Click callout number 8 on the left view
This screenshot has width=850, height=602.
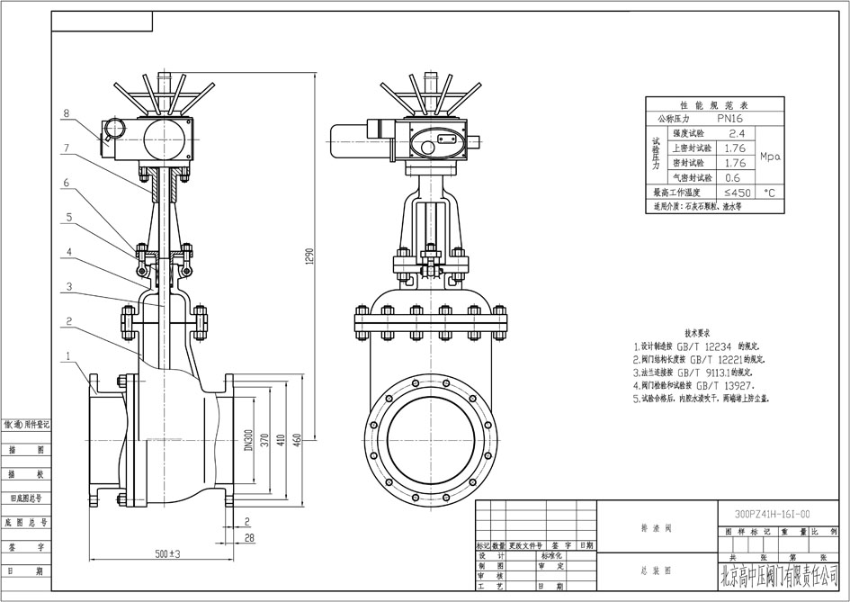coord(67,113)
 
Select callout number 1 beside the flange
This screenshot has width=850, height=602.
coord(67,356)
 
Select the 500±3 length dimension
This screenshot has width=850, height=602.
coord(167,553)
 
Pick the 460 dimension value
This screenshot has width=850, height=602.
coord(295,439)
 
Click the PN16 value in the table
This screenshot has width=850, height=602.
coord(729,118)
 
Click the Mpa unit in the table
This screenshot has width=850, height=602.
coord(771,156)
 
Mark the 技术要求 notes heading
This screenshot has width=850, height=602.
coord(699,331)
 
